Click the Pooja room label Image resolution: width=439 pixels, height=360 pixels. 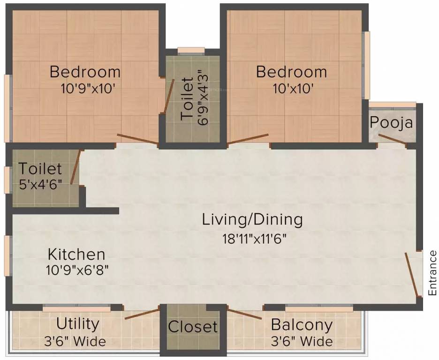(391, 122)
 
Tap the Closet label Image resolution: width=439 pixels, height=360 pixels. (193, 327)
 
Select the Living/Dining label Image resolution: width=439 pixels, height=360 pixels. (252, 219)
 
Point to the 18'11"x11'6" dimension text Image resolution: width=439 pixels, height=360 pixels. (255, 239)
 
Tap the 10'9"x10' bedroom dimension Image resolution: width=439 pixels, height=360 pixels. (88, 89)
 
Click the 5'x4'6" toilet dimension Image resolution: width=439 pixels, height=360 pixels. (41, 185)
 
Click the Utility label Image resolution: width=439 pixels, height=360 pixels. (78, 324)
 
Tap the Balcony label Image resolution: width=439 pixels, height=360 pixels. (302, 325)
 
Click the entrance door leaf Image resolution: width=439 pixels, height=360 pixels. (412, 274)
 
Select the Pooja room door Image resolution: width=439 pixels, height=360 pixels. (392, 139)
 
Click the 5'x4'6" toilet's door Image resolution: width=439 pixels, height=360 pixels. (76, 167)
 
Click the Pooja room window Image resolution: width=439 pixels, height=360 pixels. (392, 105)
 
